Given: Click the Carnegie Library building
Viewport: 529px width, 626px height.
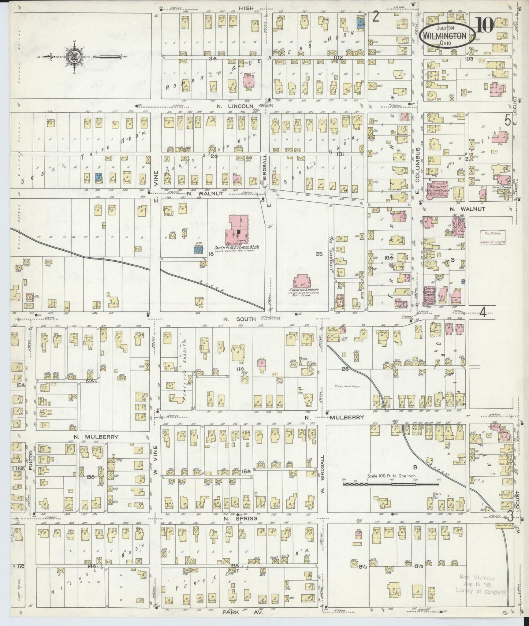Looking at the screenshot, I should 302,283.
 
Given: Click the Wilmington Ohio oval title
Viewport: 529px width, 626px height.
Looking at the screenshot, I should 446,36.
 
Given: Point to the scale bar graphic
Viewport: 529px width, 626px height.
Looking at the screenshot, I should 391,484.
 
